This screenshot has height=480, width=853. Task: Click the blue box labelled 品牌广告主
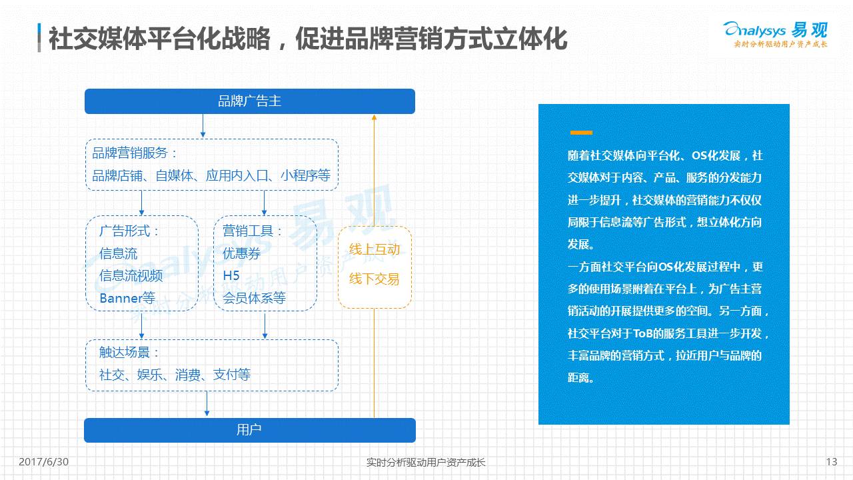pos(250,101)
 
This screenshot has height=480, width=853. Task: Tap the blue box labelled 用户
pos(249,430)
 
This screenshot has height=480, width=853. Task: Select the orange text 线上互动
pos(375,249)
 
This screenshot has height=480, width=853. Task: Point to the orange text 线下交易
pos(375,279)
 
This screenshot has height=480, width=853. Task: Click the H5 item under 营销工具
pos(231,275)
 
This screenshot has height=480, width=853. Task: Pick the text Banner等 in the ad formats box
pos(127,298)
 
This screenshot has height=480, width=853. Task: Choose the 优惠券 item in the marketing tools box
pos(241,253)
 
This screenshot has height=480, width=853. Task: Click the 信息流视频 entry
pos(131,275)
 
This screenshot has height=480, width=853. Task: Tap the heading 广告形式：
pos(130,231)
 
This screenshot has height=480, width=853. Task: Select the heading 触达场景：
pos(130,353)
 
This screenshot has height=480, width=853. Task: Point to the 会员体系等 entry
pos(254,298)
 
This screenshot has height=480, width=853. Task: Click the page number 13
pos(831,462)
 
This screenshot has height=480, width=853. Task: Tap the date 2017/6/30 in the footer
pos(44,462)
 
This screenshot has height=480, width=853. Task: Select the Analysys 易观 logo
pos(776,33)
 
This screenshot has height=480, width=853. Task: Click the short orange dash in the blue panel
pos(581,133)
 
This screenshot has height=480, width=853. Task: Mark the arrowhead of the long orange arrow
pos(374,117)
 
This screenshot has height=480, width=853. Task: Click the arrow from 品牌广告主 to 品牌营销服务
pos(203,126)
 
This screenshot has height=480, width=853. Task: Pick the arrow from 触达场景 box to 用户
pos(207,404)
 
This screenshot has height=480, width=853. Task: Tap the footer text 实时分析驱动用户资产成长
pos(426,462)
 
